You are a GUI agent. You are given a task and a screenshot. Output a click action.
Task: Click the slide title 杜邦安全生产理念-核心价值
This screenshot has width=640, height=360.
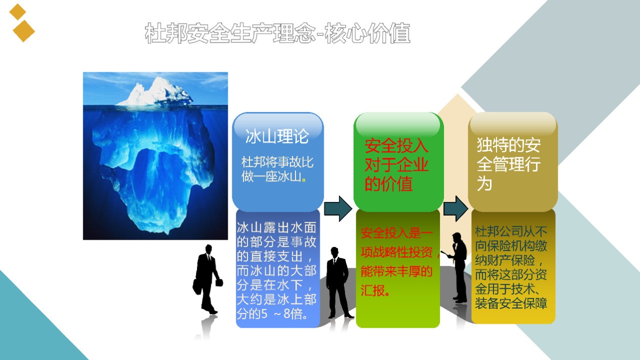pyautogui.click(x=277, y=33)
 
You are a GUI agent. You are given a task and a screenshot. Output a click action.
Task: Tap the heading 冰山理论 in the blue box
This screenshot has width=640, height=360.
pyautogui.click(x=277, y=136)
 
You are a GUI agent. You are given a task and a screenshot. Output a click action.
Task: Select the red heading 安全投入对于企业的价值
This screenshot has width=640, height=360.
pyautogui.click(x=397, y=165)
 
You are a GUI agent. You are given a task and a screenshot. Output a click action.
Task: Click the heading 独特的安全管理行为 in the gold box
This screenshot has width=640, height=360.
pyautogui.click(x=509, y=164)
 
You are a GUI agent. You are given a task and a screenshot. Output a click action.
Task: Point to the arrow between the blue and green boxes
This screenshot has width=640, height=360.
pyautogui.click(x=338, y=209)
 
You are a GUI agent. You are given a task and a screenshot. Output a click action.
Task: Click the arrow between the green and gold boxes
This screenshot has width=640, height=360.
pyautogui.click(x=456, y=209)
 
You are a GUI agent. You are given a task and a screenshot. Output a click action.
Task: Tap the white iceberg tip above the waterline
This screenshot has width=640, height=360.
pyautogui.click(x=156, y=92)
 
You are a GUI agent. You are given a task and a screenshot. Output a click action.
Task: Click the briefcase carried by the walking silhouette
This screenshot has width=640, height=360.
pyautogui.click(x=219, y=282)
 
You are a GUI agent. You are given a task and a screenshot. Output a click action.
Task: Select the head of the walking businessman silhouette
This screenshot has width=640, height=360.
pyautogui.click(x=209, y=249)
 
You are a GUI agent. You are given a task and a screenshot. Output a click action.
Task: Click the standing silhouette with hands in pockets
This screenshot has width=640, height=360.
pyautogui.click(x=338, y=283)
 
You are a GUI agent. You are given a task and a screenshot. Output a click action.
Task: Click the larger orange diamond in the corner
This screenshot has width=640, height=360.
pyautogui.click(x=24, y=31)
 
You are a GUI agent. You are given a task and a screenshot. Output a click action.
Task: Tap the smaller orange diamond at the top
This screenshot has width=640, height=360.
pyautogui.click(x=18, y=12)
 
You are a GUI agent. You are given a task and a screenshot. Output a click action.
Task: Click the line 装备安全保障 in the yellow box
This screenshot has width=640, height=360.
pyautogui.click(x=511, y=303)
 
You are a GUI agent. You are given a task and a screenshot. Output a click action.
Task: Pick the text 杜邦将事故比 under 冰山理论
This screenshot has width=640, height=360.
pyautogui.click(x=277, y=162)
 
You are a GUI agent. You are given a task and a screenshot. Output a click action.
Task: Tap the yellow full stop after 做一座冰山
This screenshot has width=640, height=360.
pyautogui.click(x=304, y=180)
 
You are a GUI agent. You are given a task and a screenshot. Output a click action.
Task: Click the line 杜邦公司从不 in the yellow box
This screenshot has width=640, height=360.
pyautogui.click(x=511, y=231)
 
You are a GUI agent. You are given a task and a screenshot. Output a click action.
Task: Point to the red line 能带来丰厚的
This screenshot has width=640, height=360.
pyautogui.click(x=397, y=271)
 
